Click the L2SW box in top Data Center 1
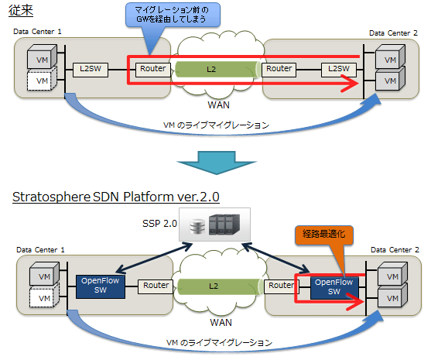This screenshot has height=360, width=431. (x=91, y=70)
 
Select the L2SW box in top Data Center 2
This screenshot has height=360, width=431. (x=339, y=70)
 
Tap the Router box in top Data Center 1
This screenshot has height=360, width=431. (x=153, y=70)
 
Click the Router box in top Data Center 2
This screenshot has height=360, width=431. (x=279, y=70)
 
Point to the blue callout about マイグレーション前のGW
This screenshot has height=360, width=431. (x=173, y=15)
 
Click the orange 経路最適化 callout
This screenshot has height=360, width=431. (x=324, y=235)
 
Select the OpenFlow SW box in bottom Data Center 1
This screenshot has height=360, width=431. (x=101, y=286)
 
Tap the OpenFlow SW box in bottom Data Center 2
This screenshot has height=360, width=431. (x=334, y=288)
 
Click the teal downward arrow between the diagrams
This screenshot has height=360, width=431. (x=217, y=163)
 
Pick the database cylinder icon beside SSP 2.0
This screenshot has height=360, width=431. (x=197, y=226)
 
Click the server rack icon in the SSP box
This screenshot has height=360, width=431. (x=224, y=225)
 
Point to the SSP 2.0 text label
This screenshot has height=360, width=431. (x=159, y=223)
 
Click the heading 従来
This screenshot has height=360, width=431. (x=21, y=10)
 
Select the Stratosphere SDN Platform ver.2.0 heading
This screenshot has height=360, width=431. (x=116, y=197)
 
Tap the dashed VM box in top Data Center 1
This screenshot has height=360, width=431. (x=42, y=79)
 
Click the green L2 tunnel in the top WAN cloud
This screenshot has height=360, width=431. (x=217, y=70)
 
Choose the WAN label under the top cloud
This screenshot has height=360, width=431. (x=218, y=105)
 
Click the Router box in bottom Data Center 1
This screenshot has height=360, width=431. (x=156, y=286)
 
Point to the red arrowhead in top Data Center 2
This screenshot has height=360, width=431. (x=351, y=84)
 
